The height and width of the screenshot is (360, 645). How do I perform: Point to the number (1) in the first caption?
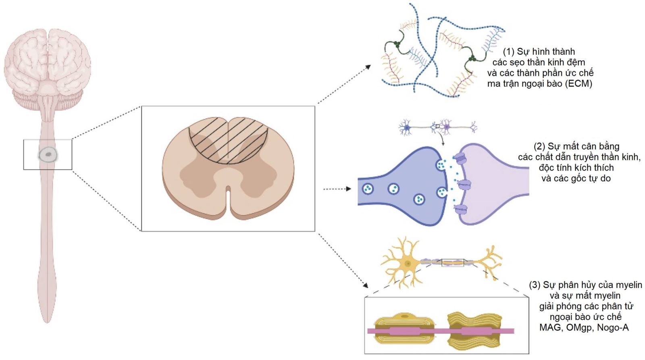click(509, 52)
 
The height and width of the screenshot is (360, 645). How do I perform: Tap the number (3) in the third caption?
click(535, 285)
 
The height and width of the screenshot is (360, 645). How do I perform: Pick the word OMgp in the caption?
click(580, 327)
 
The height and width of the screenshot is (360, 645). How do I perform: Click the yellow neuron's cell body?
click(408, 263)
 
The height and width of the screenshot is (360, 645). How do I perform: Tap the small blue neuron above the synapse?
click(407, 128)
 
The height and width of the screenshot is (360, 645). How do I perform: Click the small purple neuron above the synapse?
click(447, 127)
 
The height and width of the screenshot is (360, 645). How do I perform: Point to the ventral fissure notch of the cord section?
click(229, 198)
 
